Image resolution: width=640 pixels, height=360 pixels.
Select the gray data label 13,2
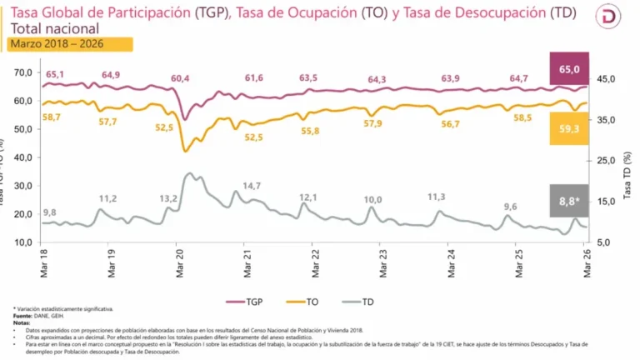click(x=168, y=198)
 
